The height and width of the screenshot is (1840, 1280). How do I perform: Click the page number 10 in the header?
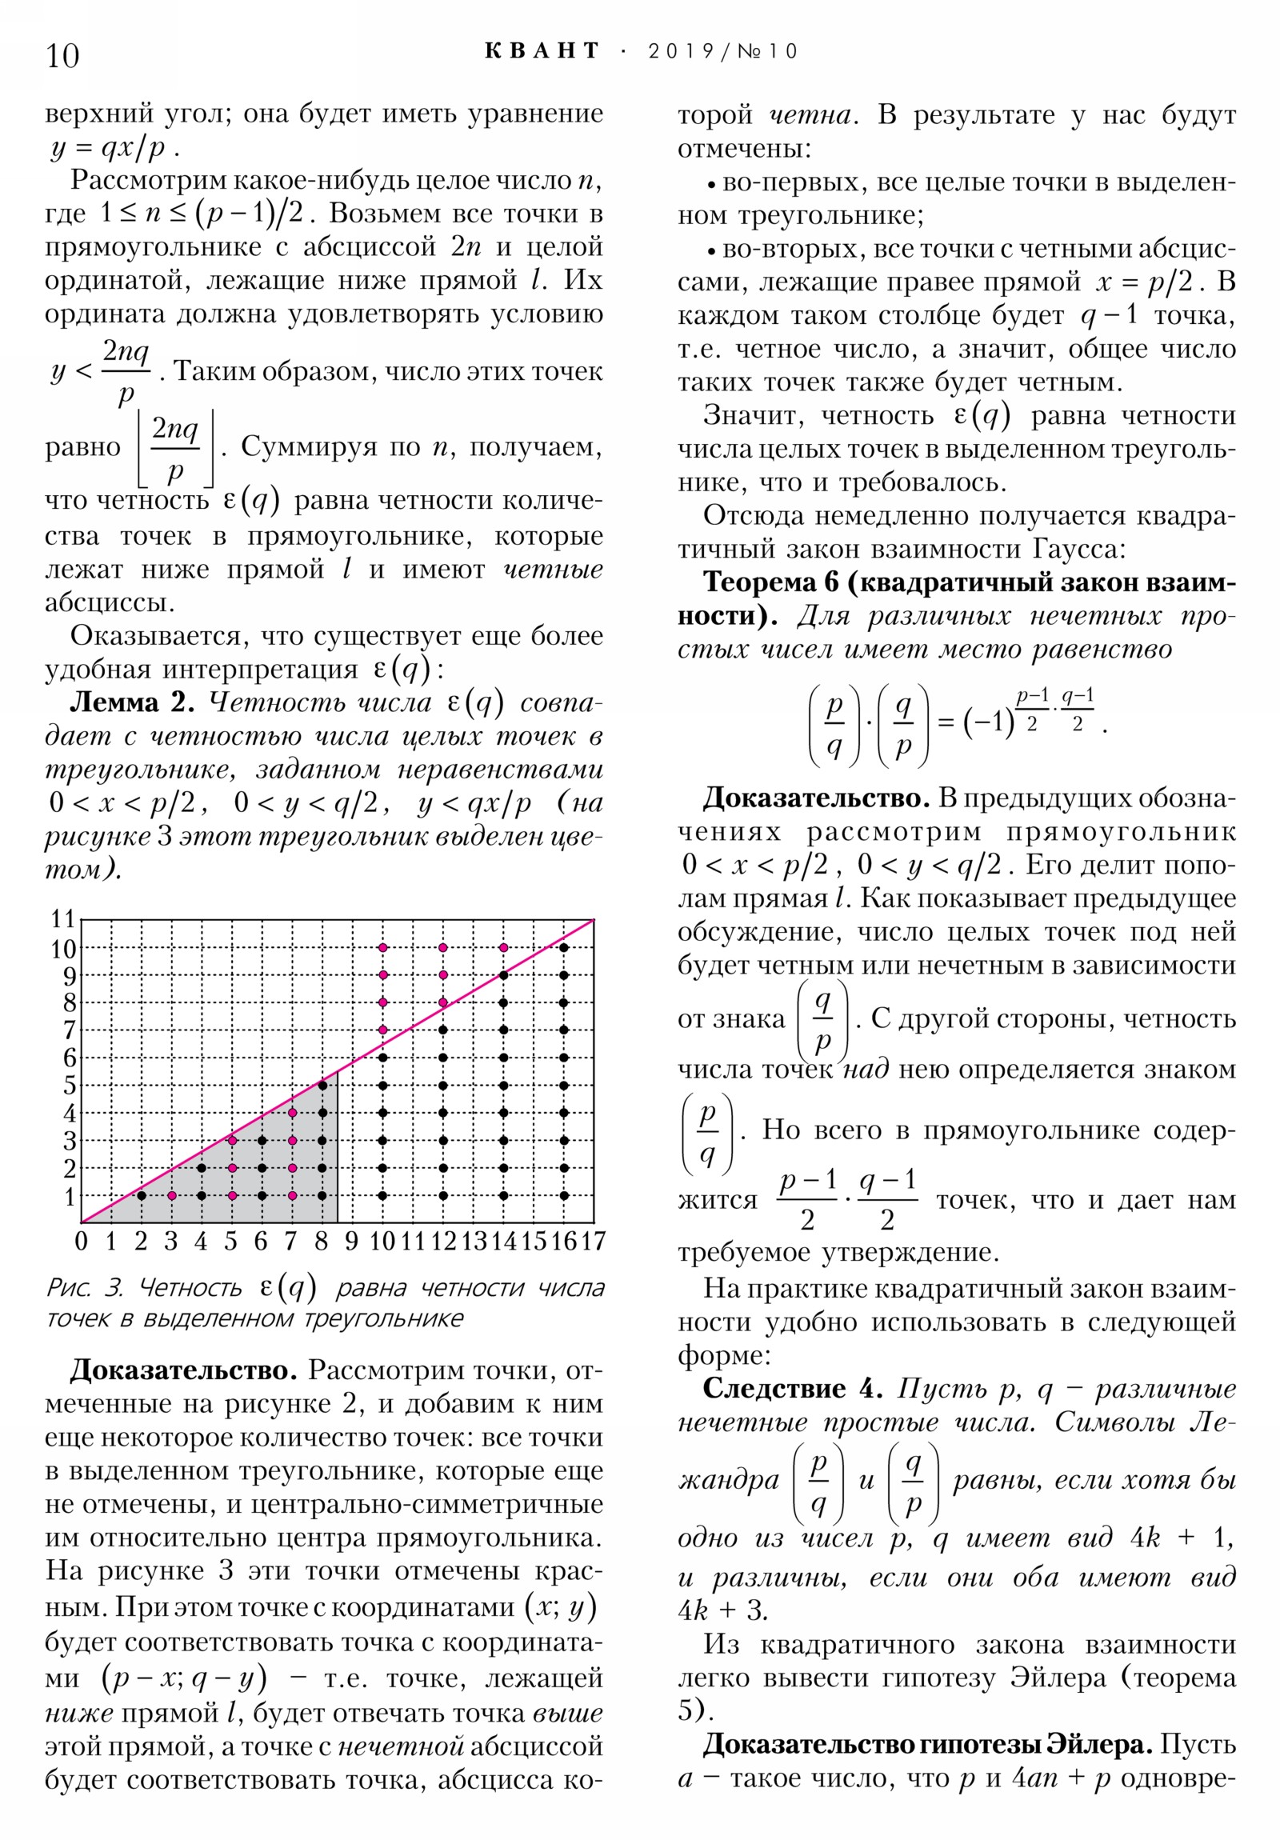[62, 56]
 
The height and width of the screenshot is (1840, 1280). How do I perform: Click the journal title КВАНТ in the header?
[542, 51]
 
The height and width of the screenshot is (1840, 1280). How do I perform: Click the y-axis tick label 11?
[63, 918]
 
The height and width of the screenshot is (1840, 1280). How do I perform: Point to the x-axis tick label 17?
[592, 1242]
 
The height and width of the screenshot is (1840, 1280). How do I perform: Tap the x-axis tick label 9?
[351, 1242]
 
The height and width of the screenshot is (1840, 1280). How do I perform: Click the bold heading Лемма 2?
[132, 702]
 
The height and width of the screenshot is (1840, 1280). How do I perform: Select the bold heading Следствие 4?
[792, 1389]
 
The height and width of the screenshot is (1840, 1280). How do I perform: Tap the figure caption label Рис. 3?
[84, 1288]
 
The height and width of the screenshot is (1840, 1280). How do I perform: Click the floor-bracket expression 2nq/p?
[175, 448]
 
